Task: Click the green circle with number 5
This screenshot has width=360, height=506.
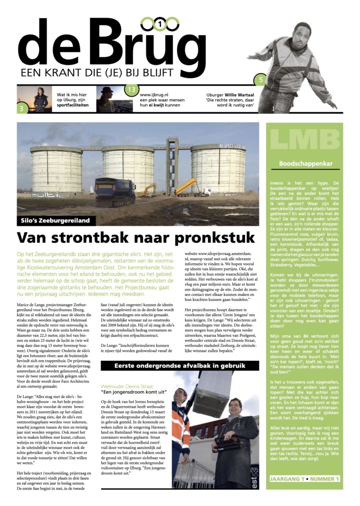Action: (261, 79)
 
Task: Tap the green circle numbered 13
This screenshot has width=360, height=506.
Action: (131, 90)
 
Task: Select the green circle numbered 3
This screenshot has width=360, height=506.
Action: (22, 108)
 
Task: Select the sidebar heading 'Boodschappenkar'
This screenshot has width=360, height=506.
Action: (305, 163)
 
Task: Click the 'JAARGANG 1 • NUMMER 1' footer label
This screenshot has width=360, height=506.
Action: (305, 479)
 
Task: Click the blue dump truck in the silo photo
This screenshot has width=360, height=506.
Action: (115, 191)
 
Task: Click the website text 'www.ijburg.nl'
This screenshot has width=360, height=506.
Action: (156, 94)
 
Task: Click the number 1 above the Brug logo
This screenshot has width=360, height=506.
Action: (160, 23)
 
